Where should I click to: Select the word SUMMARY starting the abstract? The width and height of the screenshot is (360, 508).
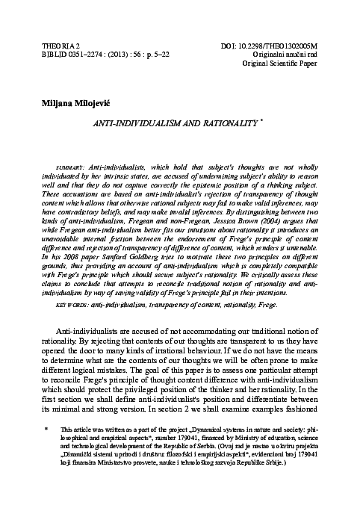coord(71,163)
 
